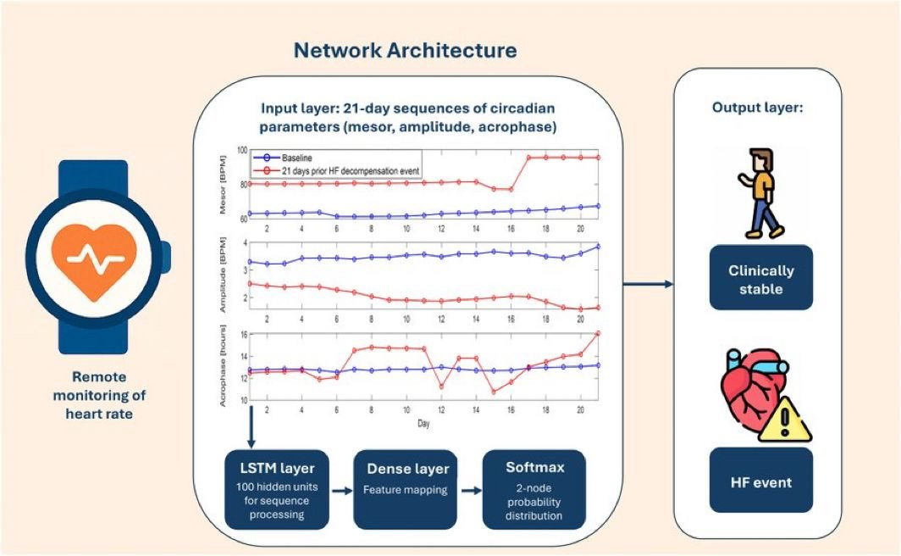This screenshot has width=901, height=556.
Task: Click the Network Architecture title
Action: tap(405, 50)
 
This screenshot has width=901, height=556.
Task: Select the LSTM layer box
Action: tap(274, 489)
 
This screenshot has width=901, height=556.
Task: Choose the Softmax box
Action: tap(533, 489)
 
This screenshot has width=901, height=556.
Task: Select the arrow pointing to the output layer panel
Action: tap(649, 284)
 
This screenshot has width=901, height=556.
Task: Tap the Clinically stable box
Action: tap(761, 278)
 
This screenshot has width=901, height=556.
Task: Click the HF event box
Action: tap(761, 481)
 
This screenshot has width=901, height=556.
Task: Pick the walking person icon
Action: tap(760, 193)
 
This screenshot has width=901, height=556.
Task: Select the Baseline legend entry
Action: tap(298, 158)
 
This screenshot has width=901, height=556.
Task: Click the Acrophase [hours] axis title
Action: tap(224, 366)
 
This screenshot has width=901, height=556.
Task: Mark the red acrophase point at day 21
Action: tap(598, 334)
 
